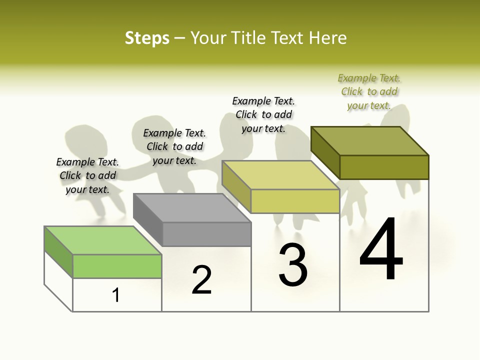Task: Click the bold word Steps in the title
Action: [147, 38]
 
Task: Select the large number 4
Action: [381, 249]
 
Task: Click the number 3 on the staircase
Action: [293, 265]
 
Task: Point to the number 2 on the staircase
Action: [201, 279]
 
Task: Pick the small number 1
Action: [116, 295]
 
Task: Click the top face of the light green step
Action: [102, 240]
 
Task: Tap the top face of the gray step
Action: [191, 207]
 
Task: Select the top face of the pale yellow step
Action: [280, 175]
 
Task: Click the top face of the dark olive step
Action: [369, 140]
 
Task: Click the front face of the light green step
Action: [117, 266]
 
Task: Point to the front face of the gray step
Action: [206, 234]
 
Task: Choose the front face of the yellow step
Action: [295, 201]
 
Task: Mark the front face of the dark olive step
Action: [384, 167]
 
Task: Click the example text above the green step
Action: [87, 175]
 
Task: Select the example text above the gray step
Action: [174, 146]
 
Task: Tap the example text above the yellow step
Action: [263, 114]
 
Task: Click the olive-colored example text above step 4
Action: [369, 91]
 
